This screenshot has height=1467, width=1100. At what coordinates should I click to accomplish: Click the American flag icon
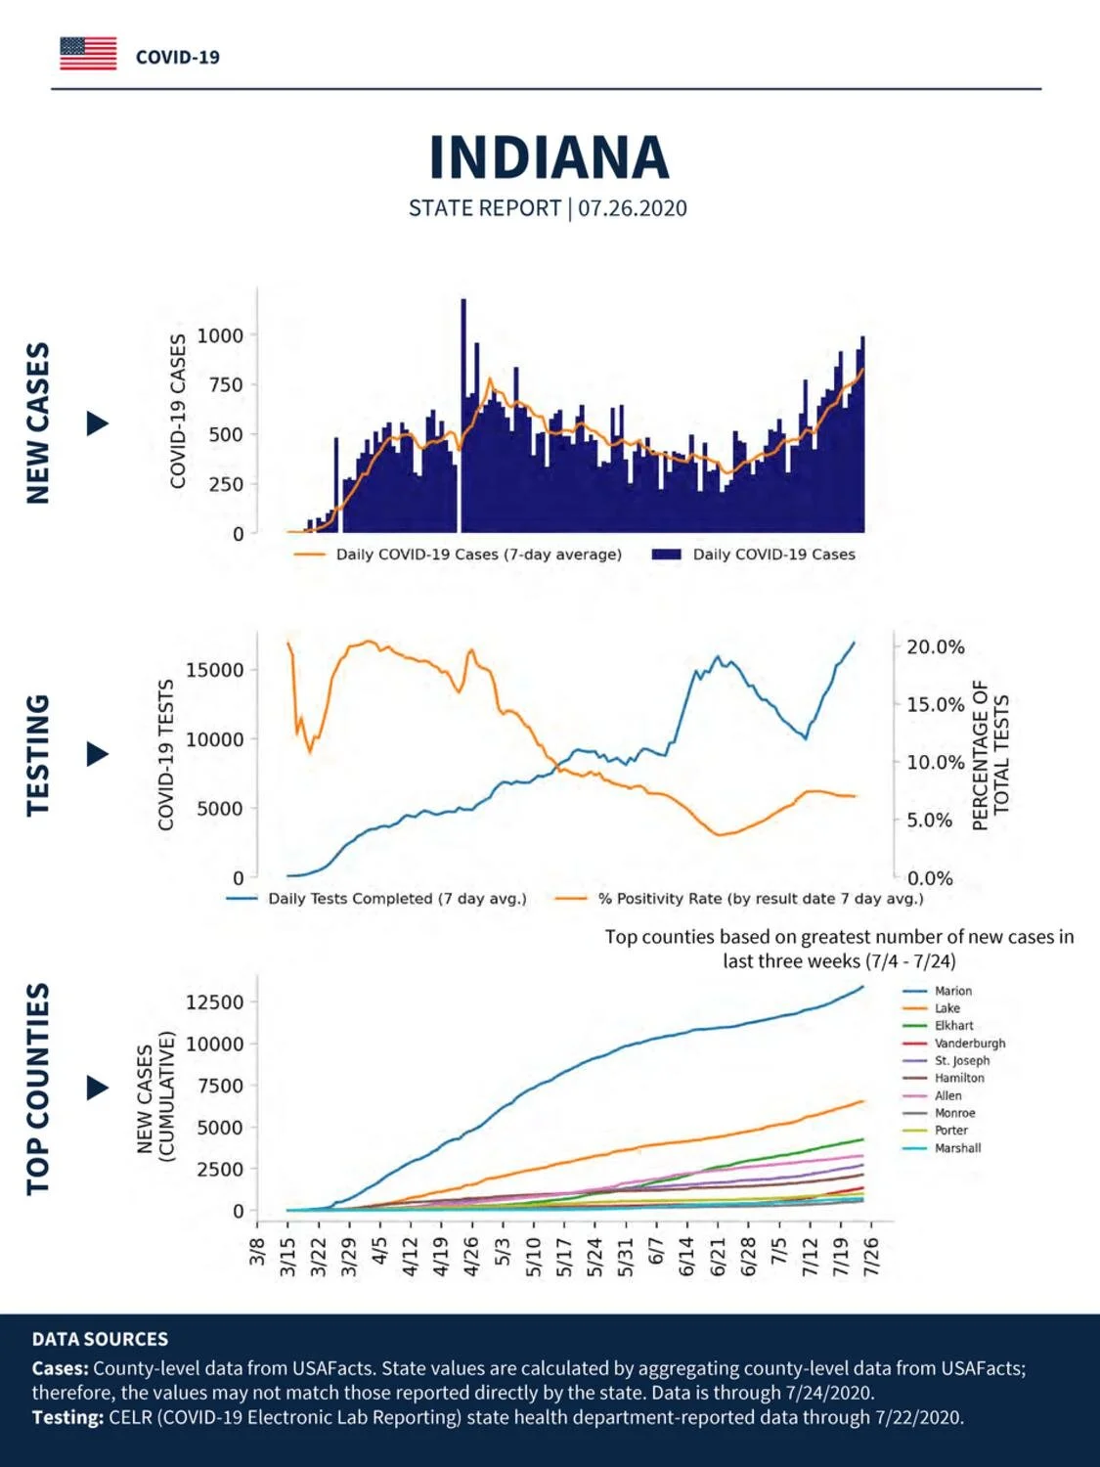[88, 54]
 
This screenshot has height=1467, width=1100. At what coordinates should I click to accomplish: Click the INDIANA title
[549, 157]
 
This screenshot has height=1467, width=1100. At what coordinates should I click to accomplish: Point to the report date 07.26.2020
[632, 208]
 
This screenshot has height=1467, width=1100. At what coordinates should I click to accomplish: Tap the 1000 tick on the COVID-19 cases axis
[220, 335]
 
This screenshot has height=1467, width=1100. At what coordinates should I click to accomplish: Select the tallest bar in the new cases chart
[463, 416]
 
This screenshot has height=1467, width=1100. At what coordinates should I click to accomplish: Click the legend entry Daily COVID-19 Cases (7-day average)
[458, 555]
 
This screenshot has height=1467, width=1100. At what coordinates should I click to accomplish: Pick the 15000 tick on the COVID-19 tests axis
[214, 670]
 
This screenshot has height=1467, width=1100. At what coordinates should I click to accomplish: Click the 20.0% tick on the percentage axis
[935, 647]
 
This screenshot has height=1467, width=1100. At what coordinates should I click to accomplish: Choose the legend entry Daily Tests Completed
[376, 899]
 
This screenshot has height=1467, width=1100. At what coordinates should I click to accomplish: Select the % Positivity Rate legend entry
[739, 899]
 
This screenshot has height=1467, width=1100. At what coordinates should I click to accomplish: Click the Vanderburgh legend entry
[953, 1044]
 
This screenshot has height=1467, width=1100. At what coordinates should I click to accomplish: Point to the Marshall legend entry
[942, 1148]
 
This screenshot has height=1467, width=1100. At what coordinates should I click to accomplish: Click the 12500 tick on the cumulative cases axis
[214, 1002]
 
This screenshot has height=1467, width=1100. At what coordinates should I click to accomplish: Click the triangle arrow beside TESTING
[98, 755]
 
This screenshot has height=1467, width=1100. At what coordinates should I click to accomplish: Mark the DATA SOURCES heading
[100, 1339]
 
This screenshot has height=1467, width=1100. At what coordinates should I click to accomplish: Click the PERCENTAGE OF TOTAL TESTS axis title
[990, 755]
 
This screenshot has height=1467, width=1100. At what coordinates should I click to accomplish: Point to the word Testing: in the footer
[67, 1418]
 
